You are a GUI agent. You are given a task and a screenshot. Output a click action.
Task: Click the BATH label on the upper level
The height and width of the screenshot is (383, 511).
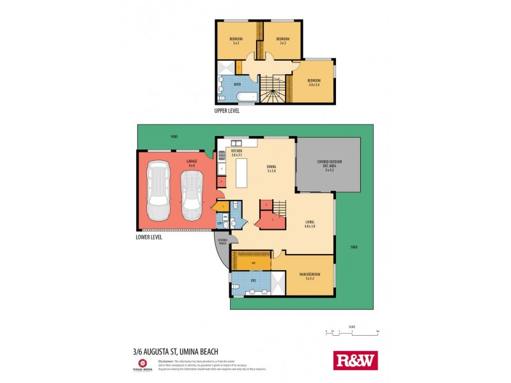237,84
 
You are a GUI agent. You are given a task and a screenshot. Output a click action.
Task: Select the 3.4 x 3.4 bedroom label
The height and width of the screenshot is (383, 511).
313,82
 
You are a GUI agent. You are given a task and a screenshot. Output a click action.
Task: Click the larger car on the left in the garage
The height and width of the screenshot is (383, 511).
158,190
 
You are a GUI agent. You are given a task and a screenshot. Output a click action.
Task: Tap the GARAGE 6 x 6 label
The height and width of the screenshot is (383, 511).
191,163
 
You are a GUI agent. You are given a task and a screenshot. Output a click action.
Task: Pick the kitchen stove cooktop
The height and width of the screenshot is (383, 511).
222,154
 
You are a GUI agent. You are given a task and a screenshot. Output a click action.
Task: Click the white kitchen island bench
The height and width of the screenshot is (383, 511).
242,173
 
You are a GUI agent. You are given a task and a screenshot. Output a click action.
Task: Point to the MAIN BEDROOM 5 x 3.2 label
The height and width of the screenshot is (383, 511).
309,276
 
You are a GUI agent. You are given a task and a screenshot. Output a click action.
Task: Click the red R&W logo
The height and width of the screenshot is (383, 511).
356,360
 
